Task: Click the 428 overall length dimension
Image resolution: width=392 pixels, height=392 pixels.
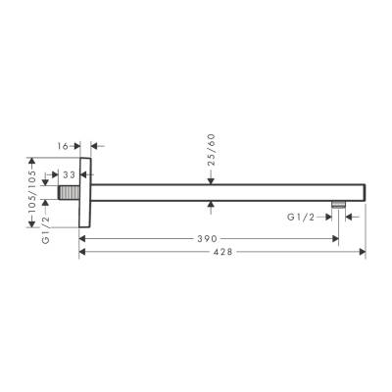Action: coord(221,252)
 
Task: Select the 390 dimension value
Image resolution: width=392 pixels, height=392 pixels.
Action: coord(205,238)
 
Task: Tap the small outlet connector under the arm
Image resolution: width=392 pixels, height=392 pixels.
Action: coord(337,206)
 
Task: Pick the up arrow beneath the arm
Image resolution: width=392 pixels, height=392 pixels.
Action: coord(213,206)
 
